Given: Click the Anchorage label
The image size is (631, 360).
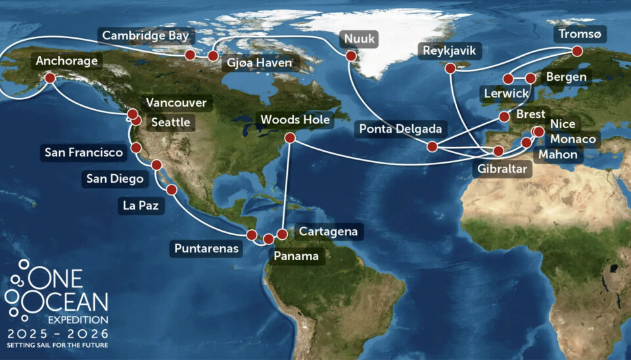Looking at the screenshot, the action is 67,61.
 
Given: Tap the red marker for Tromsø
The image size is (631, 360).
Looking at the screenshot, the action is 577,51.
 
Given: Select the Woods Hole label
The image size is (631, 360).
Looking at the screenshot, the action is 295,120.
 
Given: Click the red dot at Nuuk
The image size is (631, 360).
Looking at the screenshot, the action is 350,56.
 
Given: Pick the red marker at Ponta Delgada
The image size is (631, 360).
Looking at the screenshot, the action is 432,146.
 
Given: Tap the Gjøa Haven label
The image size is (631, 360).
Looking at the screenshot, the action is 260,63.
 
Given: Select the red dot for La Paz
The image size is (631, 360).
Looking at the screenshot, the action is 172,190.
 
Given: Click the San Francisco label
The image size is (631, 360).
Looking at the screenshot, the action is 83,153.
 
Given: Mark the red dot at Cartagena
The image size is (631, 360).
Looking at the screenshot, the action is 282,234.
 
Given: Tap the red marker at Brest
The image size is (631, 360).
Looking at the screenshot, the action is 504,117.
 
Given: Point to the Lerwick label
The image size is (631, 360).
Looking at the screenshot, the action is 505,94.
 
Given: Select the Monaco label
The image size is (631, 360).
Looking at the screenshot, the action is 573,139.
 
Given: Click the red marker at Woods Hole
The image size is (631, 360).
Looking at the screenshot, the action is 289,138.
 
